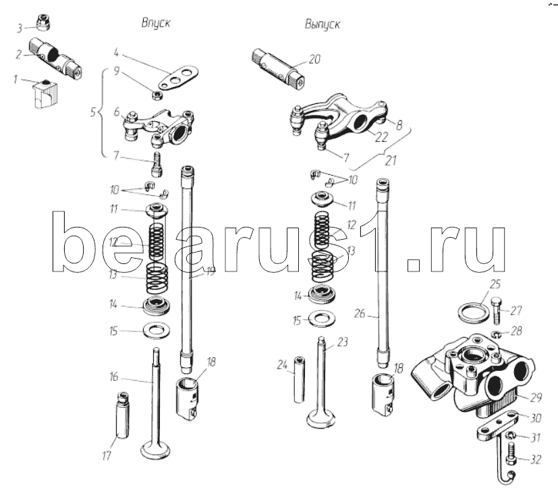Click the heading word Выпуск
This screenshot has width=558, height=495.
323,24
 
